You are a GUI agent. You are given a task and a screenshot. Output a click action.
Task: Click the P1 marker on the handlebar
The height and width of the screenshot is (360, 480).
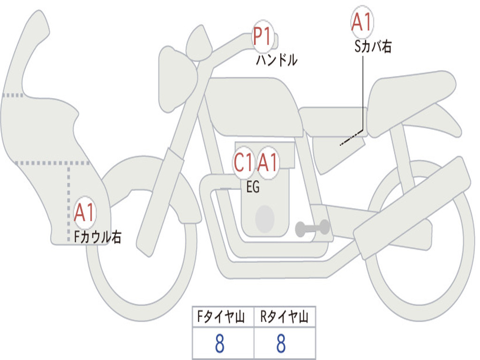coord(262,37)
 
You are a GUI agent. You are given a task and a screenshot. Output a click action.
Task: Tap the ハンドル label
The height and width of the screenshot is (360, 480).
coord(277,60)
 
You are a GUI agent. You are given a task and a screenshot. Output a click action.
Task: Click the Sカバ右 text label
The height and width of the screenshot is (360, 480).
coord(373,47)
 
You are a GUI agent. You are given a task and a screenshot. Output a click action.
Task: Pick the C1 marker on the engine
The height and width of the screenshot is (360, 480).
coord(244,162)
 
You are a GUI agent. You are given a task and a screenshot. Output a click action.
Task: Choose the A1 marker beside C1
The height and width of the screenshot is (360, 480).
coord(267,162)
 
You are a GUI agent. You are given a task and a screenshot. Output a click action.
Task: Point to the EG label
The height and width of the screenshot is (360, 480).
coord(253,187)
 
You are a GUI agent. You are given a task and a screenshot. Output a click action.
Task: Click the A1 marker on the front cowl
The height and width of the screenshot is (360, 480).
coord(84,212)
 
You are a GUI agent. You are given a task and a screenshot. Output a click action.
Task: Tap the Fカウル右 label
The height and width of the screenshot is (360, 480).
coord(97,237)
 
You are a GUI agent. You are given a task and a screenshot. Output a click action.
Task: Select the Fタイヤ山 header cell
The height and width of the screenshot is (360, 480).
coord(223,317)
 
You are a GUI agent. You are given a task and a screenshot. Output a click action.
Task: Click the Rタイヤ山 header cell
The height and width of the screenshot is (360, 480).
coord(285,317)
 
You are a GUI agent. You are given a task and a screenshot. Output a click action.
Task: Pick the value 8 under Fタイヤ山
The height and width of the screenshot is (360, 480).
coord(219,344)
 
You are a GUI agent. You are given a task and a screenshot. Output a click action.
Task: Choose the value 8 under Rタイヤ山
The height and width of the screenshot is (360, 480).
coord(281,344)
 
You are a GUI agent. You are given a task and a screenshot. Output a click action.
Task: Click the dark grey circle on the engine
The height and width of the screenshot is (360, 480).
coord(265,219)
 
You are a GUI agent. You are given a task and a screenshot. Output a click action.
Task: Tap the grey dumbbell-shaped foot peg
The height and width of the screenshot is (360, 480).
coord(312,228)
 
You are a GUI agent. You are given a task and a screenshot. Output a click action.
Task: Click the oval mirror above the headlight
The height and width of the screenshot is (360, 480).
coord(199,43)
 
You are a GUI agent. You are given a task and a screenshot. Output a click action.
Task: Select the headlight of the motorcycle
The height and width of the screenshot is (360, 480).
coord(178,80)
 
